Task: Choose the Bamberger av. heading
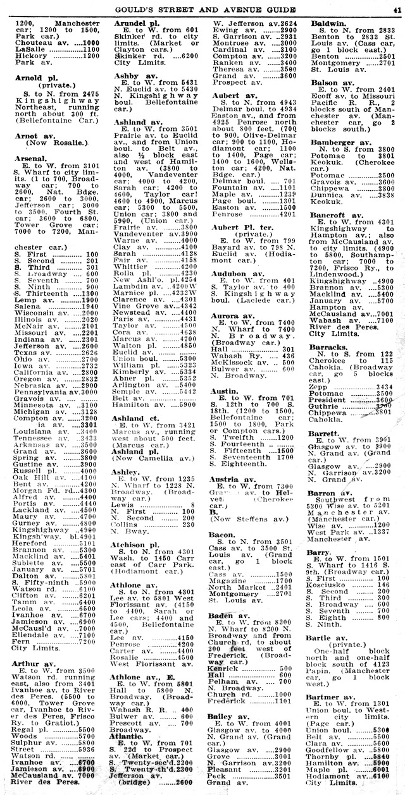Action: pos(340,143)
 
